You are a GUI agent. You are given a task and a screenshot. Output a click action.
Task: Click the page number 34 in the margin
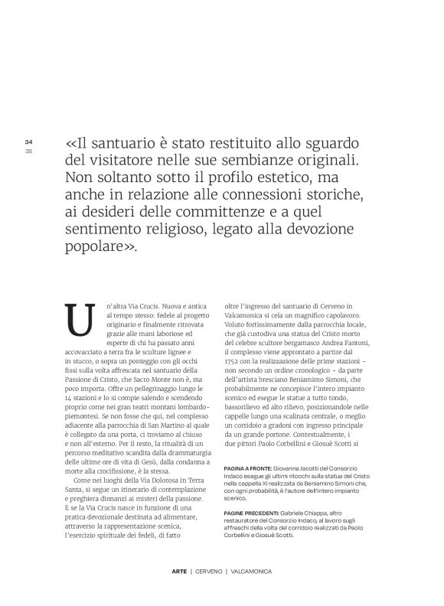[x=28, y=142]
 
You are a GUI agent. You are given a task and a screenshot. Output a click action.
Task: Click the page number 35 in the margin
[x=28, y=150]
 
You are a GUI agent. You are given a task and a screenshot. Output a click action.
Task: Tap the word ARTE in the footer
[x=180, y=572]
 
